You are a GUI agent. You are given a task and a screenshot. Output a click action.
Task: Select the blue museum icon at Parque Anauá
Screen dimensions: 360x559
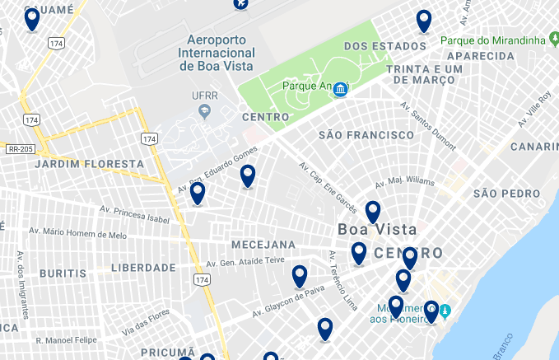pyautogui.click(x=339, y=88)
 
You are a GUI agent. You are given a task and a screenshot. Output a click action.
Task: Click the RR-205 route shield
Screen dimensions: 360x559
pyautogui.click(x=19, y=149)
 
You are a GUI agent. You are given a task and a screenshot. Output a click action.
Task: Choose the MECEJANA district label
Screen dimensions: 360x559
pyautogui.click(x=263, y=245)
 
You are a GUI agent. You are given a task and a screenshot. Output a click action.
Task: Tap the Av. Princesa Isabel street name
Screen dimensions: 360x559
pyautogui.click(x=133, y=214)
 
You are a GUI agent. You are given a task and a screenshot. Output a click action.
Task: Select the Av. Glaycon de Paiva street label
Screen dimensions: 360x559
pyautogui.click(x=287, y=301)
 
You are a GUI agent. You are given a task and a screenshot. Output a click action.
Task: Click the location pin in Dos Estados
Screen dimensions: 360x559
pyautogui.click(x=424, y=21)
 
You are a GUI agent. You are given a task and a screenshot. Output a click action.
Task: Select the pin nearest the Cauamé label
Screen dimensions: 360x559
pyautogui.click(x=32, y=18)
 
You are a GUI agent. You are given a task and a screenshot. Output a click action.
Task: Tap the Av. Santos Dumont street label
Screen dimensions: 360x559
pyautogui.click(x=428, y=127)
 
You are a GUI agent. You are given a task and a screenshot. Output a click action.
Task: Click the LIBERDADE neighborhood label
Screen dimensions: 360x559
pyautogui.click(x=143, y=268)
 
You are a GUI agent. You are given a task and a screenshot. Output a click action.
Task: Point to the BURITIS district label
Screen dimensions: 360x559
pyautogui.click(x=63, y=273)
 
